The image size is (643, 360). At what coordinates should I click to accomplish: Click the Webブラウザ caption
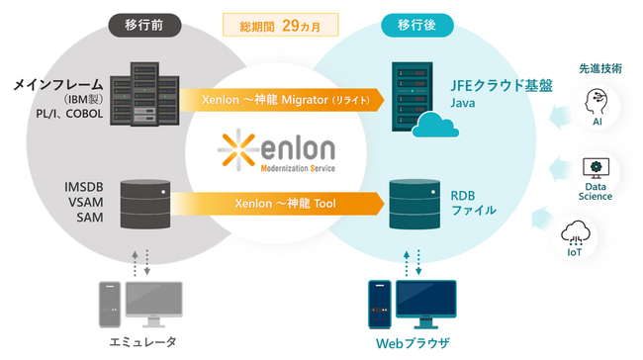pos(413,342)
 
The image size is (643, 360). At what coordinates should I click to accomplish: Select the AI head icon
pos(597,102)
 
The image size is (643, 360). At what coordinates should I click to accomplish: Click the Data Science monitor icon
pos(597,167)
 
